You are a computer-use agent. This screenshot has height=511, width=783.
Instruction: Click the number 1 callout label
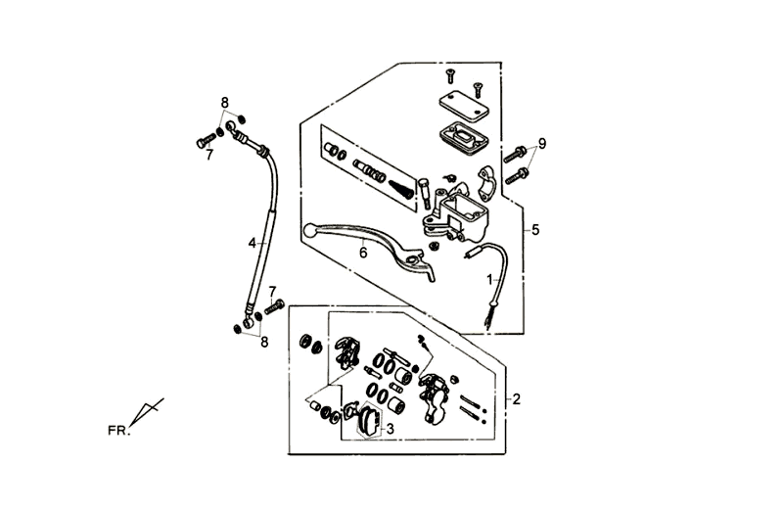click(489, 279)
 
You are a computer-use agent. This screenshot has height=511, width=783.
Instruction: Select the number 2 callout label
click(516, 398)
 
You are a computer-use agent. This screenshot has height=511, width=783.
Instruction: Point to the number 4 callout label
click(252, 242)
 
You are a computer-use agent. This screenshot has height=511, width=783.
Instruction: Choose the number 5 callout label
click(534, 230)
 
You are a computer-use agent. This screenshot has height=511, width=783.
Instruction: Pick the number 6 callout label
click(362, 252)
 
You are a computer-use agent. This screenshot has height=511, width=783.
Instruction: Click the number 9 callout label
click(541, 143)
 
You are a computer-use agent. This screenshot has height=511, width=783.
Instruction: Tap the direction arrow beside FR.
click(147, 411)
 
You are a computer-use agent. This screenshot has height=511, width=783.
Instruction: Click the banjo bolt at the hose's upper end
click(207, 142)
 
